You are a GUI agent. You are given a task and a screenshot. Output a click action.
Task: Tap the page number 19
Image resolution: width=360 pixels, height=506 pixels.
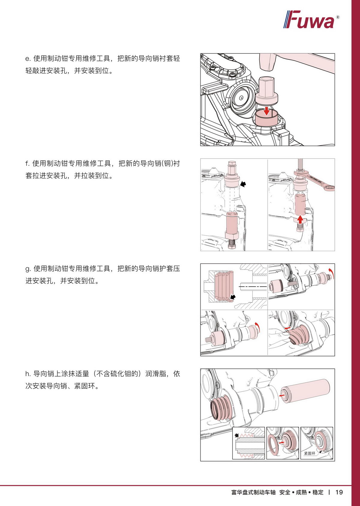339,492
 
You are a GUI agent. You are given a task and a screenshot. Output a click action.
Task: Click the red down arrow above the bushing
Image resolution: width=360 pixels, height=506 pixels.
267,111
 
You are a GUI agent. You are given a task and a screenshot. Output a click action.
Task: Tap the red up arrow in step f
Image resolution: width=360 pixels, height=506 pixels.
300,219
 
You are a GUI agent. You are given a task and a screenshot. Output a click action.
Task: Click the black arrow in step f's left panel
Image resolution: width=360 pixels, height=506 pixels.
243,184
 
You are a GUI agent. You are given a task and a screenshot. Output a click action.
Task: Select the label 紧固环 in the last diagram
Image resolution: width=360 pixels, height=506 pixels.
309,453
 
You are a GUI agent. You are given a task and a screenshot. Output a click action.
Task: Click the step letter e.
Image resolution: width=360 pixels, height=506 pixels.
28,59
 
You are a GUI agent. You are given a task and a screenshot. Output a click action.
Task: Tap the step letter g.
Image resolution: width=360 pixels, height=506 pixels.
28,269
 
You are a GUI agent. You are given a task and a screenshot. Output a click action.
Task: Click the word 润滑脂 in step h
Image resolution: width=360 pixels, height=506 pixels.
155,374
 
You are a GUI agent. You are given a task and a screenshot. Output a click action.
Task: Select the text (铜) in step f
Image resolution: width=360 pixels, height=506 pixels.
167,163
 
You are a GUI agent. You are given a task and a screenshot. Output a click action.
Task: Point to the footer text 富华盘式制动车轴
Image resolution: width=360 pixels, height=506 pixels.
253,492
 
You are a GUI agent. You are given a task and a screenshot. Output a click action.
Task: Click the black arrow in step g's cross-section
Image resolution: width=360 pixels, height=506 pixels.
233,297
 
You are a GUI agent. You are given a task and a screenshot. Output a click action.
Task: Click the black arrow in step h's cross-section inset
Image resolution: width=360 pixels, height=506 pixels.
236,435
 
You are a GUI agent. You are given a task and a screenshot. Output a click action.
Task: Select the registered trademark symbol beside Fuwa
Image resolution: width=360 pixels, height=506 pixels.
337,17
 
